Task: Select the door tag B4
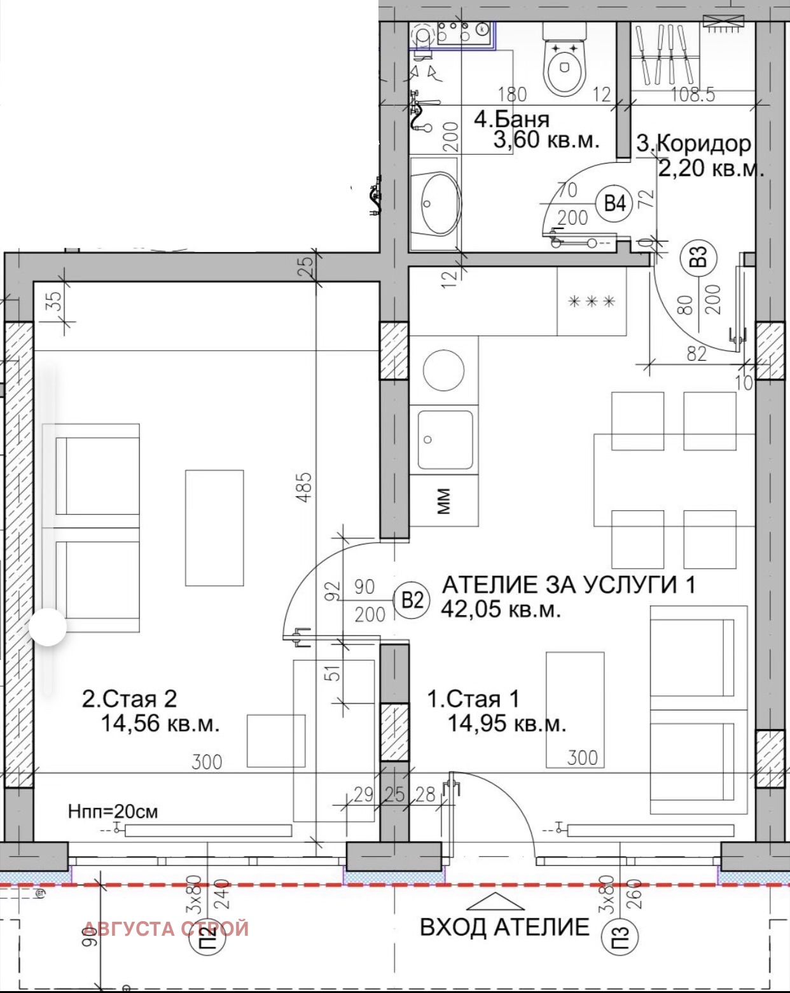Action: (614, 204)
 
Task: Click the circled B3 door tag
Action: (698, 258)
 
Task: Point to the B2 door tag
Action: (413, 600)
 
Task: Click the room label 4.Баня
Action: (511, 119)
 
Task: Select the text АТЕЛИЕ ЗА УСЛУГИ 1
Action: (568, 585)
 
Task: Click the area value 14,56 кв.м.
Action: (160, 723)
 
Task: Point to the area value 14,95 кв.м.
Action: (506, 723)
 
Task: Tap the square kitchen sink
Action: (445, 440)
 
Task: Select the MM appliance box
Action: (444, 501)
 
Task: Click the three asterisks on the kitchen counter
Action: (592, 302)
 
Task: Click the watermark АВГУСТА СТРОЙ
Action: (166, 929)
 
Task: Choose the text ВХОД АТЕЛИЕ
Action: (504, 927)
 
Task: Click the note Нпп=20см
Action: (113, 812)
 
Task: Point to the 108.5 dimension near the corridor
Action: (693, 95)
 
